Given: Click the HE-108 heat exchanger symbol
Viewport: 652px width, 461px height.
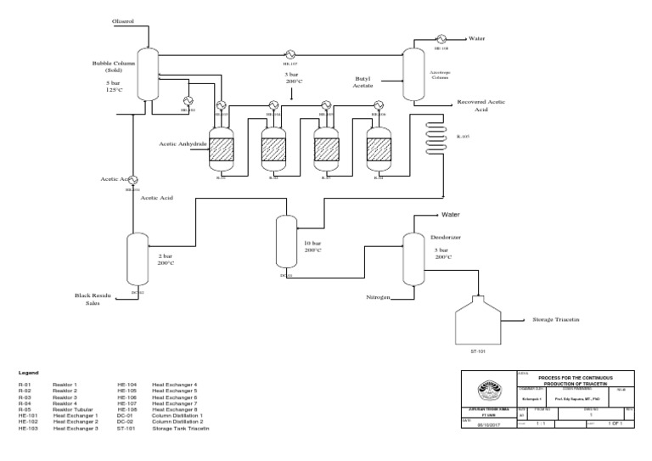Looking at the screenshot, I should pyautogui.click(x=442, y=38).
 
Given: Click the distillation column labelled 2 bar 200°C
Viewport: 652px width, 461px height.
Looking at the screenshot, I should pyautogui.click(x=137, y=259).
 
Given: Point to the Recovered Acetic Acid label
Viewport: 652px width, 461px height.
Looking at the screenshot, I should pyautogui.click(x=481, y=105).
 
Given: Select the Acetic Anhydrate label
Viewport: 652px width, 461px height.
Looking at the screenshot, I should pyautogui.click(x=183, y=143).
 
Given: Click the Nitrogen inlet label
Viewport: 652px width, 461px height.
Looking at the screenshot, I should pyautogui.click(x=377, y=297).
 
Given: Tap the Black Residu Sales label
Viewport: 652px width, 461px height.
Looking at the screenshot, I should pyautogui.click(x=93, y=297).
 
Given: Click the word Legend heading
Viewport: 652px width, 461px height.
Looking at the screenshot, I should pyautogui.click(x=29, y=372).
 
